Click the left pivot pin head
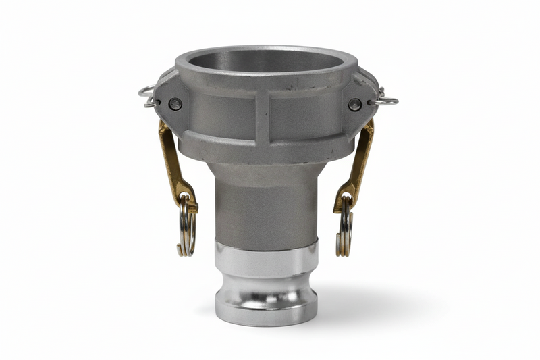click(175, 104)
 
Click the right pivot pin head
click(354, 105)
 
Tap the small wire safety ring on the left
click(148, 97)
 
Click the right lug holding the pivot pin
click(362, 101)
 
